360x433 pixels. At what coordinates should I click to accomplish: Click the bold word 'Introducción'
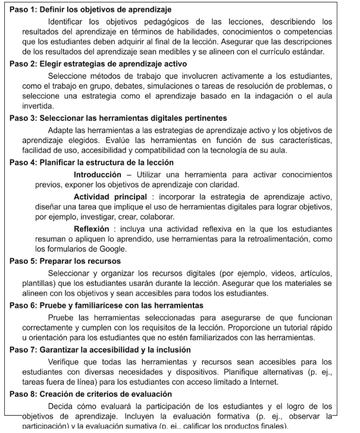[x=97, y=175]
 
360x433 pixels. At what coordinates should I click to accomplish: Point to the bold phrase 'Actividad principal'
[x=110, y=197]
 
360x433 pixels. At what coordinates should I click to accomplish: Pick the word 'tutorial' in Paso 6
[x=288, y=328]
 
